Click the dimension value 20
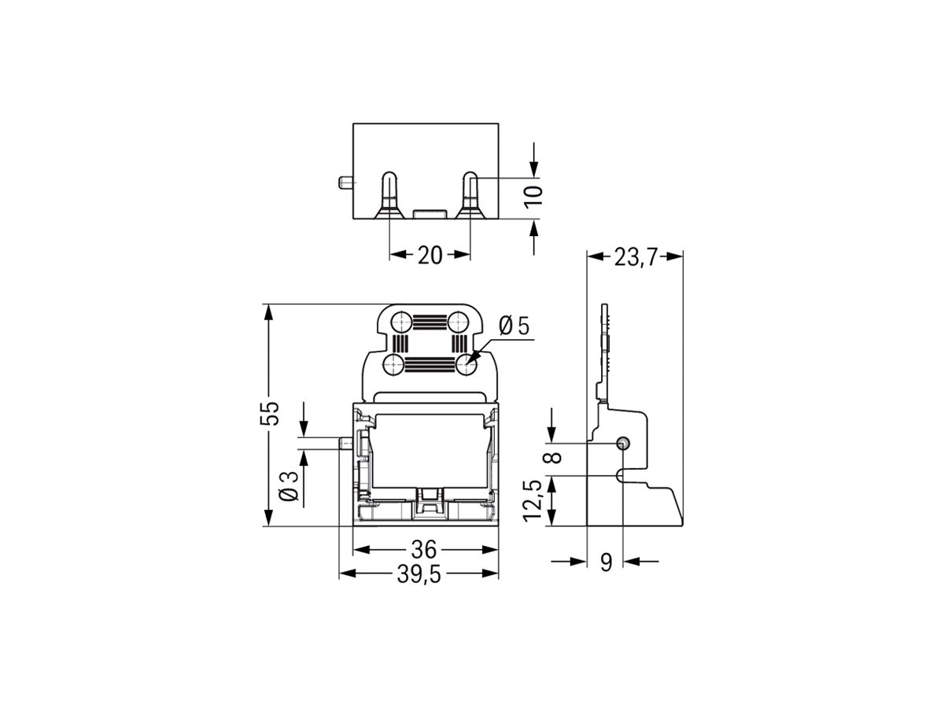pos(430,255)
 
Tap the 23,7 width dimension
pos(636,258)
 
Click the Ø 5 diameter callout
pos(515,325)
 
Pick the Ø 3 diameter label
pos(288,485)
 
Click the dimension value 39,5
pos(419,575)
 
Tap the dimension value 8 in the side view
pos(555,457)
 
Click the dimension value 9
pos(606,562)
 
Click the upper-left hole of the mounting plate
pos(400,321)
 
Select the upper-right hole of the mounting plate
pos(459,321)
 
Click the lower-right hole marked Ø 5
pos(467,364)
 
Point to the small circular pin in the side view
pos(622,444)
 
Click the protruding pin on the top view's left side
pos(345,184)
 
